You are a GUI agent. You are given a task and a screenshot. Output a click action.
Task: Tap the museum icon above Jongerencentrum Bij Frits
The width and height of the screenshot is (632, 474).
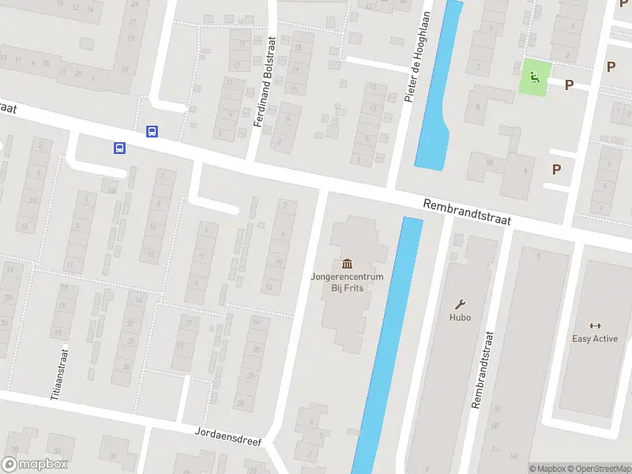coord(347,263)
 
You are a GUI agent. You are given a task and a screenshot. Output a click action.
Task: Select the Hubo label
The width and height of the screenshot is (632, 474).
coord(460,318)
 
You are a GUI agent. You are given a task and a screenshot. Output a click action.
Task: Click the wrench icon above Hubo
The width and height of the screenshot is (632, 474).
coord(460,304)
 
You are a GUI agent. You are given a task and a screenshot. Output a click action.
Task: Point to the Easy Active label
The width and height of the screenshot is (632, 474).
coord(595,339)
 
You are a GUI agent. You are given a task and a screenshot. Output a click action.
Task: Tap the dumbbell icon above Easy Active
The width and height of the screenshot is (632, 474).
coord(595,325)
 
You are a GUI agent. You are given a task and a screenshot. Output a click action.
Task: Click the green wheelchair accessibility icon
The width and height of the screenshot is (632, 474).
coord(535,77)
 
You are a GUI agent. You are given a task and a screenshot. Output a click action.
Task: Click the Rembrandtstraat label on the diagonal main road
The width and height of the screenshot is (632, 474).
coord(467,213)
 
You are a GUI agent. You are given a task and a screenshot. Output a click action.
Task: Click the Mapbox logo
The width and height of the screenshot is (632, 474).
coord(34,465)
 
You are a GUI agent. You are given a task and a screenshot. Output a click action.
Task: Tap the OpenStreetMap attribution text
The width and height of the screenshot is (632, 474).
coord(598,468)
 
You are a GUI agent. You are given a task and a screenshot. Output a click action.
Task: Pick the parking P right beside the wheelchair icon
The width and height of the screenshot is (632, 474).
coord(569,85)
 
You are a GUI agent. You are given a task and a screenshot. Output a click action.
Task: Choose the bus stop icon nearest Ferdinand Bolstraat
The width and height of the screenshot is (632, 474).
coord(152,132)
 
